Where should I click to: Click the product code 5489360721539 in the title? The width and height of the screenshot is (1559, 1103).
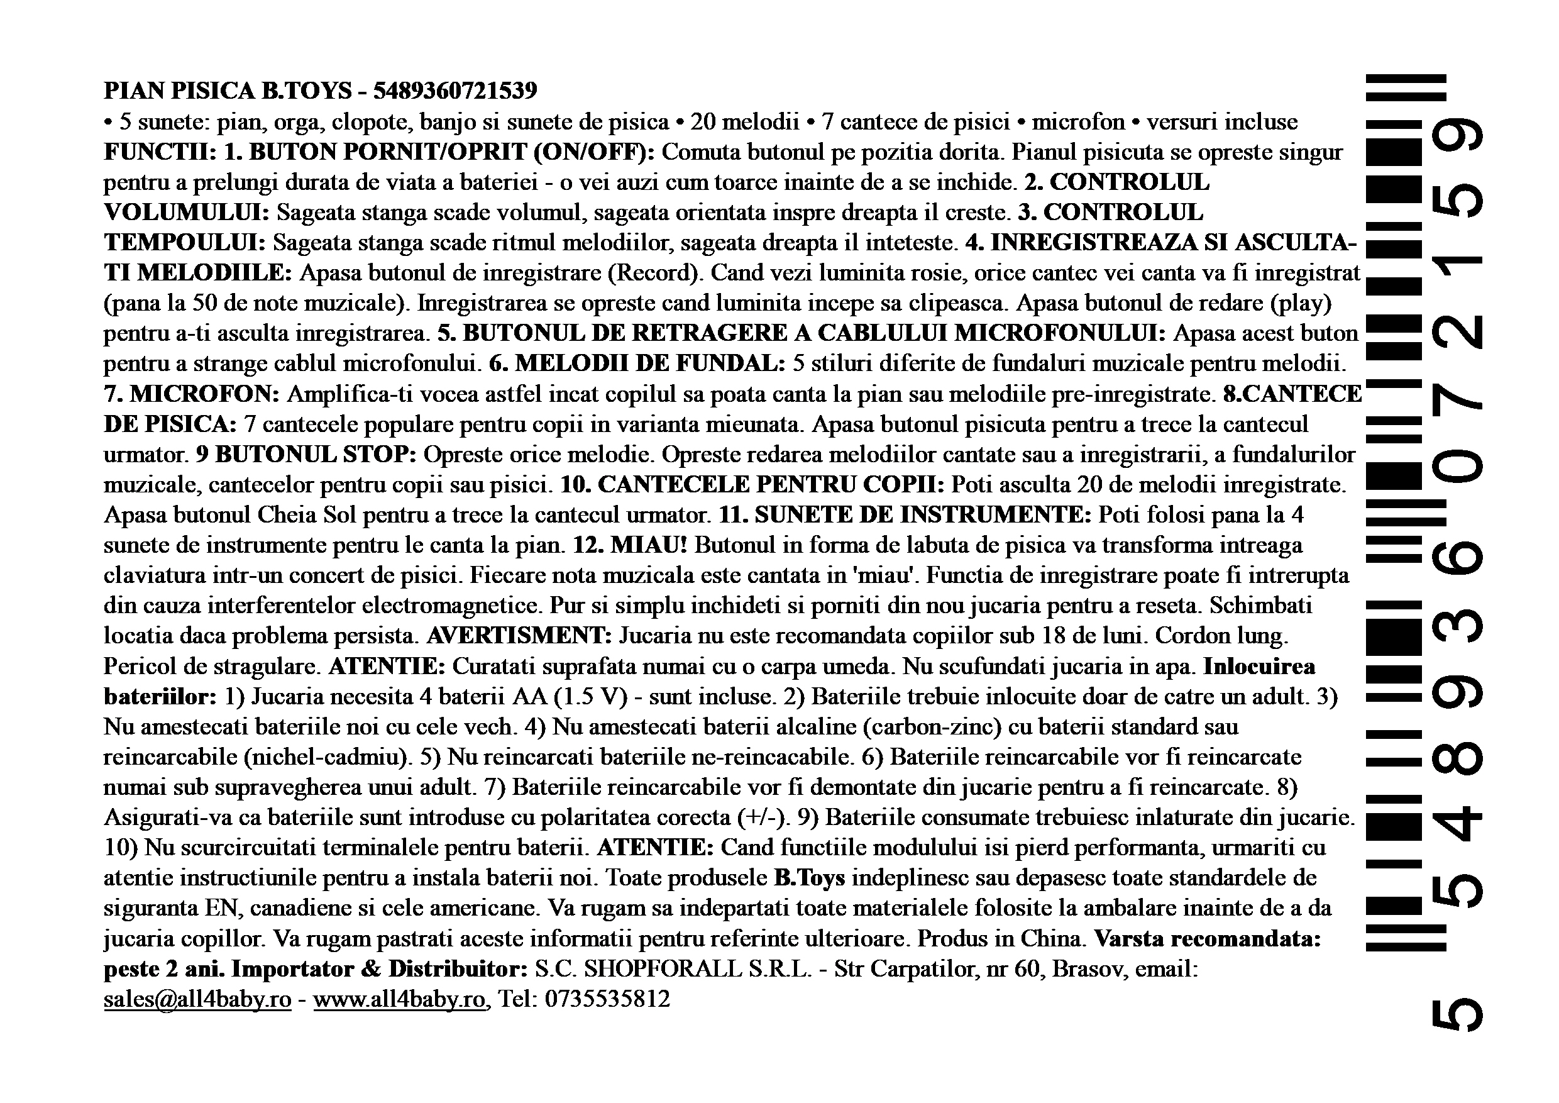tap(455, 91)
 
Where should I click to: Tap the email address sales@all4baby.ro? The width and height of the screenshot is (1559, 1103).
tap(197, 999)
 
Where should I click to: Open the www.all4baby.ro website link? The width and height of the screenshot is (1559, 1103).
tap(400, 999)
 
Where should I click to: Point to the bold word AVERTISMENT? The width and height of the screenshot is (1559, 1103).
tap(519, 636)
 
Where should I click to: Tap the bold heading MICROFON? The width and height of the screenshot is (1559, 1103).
tap(204, 394)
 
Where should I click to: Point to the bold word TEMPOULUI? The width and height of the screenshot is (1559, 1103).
tap(184, 243)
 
